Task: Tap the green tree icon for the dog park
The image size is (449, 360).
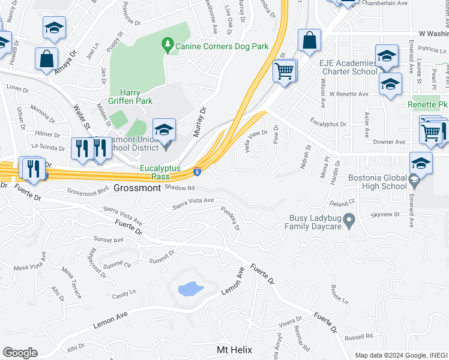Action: pyautogui.click(x=167, y=44)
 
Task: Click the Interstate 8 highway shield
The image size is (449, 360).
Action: pyautogui.click(x=197, y=172)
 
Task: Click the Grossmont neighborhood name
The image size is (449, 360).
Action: pyautogui.click(x=137, y=188)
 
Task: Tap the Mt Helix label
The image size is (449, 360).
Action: pyautogui.click(x=234, y=349)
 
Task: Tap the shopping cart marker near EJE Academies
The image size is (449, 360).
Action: pyautogui.click(x=284, y=71)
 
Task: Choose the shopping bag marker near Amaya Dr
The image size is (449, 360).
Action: pyautogui.click(x=46, y=59)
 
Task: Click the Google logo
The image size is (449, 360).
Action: pyautogui.click(x=20, y=353)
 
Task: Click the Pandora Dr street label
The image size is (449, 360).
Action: pyautogui.click(x=231, y=220)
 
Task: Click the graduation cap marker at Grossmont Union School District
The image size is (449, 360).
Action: pyautogui.click(x=164, y=129)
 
